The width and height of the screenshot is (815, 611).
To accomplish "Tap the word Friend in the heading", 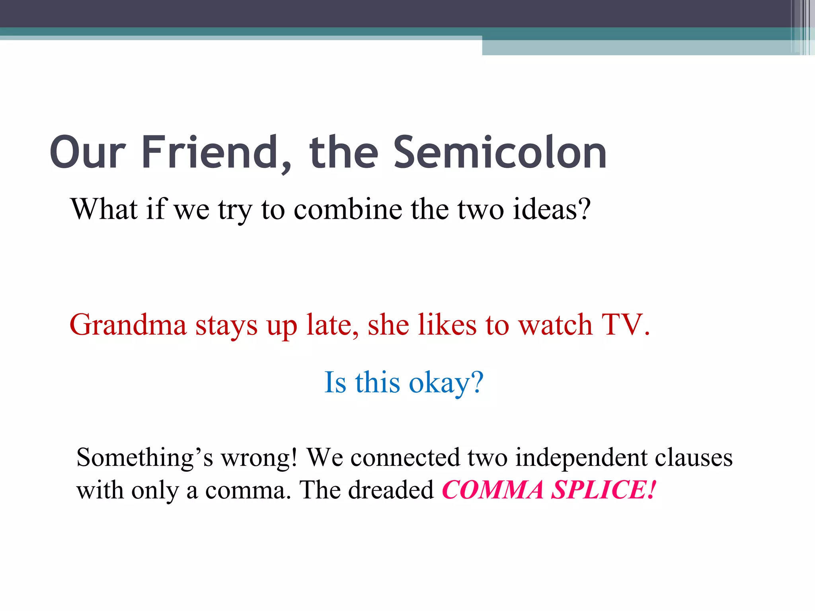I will coord(210,152).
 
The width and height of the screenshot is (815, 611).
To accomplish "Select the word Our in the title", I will coord(88,152).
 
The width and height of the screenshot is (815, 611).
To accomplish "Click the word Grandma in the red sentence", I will coord(128,325).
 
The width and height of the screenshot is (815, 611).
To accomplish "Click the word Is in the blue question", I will coord(335,383).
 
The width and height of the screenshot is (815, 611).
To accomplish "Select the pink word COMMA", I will coord(493,490).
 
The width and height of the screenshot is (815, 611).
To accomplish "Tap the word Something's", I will coord(144,457).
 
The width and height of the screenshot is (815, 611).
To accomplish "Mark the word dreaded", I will coord(390,490).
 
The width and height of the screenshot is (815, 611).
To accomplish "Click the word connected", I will coord(405,457).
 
